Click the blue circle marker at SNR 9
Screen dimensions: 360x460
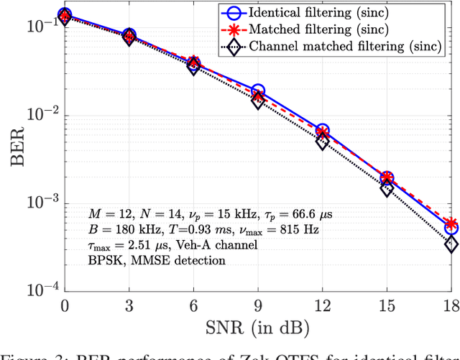(258, 91)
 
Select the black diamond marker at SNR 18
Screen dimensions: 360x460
(451, 245)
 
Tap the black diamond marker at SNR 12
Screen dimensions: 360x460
(323, 142)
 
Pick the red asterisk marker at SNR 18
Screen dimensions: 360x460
(451, 223)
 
